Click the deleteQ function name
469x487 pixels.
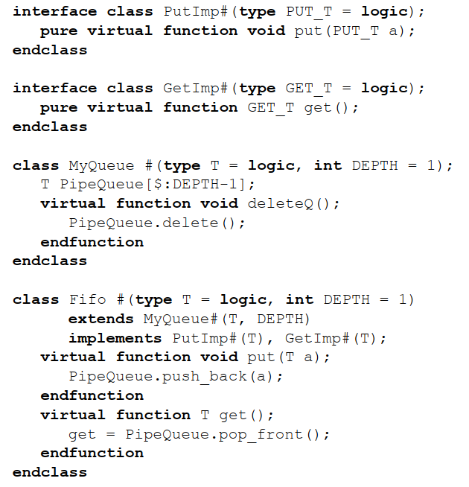(282, 203)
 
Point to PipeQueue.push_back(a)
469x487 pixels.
(176, 376)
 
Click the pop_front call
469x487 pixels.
(278, 434)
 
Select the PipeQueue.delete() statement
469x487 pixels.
(157, 223)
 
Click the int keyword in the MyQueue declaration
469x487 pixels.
(328, 165)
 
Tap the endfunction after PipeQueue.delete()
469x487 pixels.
(92, 242)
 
